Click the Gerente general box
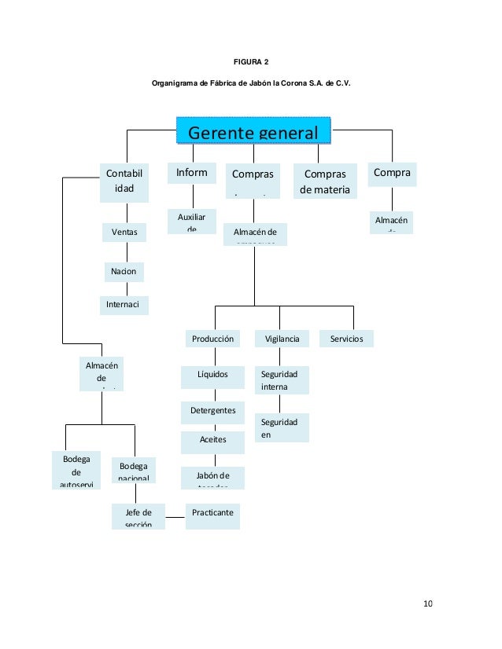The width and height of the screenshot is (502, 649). click(x=253, y=130)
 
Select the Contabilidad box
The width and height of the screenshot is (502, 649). click(x=124, y=181)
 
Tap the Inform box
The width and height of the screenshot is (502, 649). click(x=192, y=172)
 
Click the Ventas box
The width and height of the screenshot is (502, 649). click(x=124, y=232)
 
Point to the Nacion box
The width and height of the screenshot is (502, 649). click(x=124, y=271)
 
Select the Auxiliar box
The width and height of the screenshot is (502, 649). click(x=192, y=221)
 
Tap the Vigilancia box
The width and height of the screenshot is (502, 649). click(x=282, y=339)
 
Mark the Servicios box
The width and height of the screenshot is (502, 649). click(x=347, y=339)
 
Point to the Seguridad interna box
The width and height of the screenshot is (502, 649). click(x=282, y=380)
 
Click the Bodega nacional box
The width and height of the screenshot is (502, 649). click(x=134, y=470)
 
